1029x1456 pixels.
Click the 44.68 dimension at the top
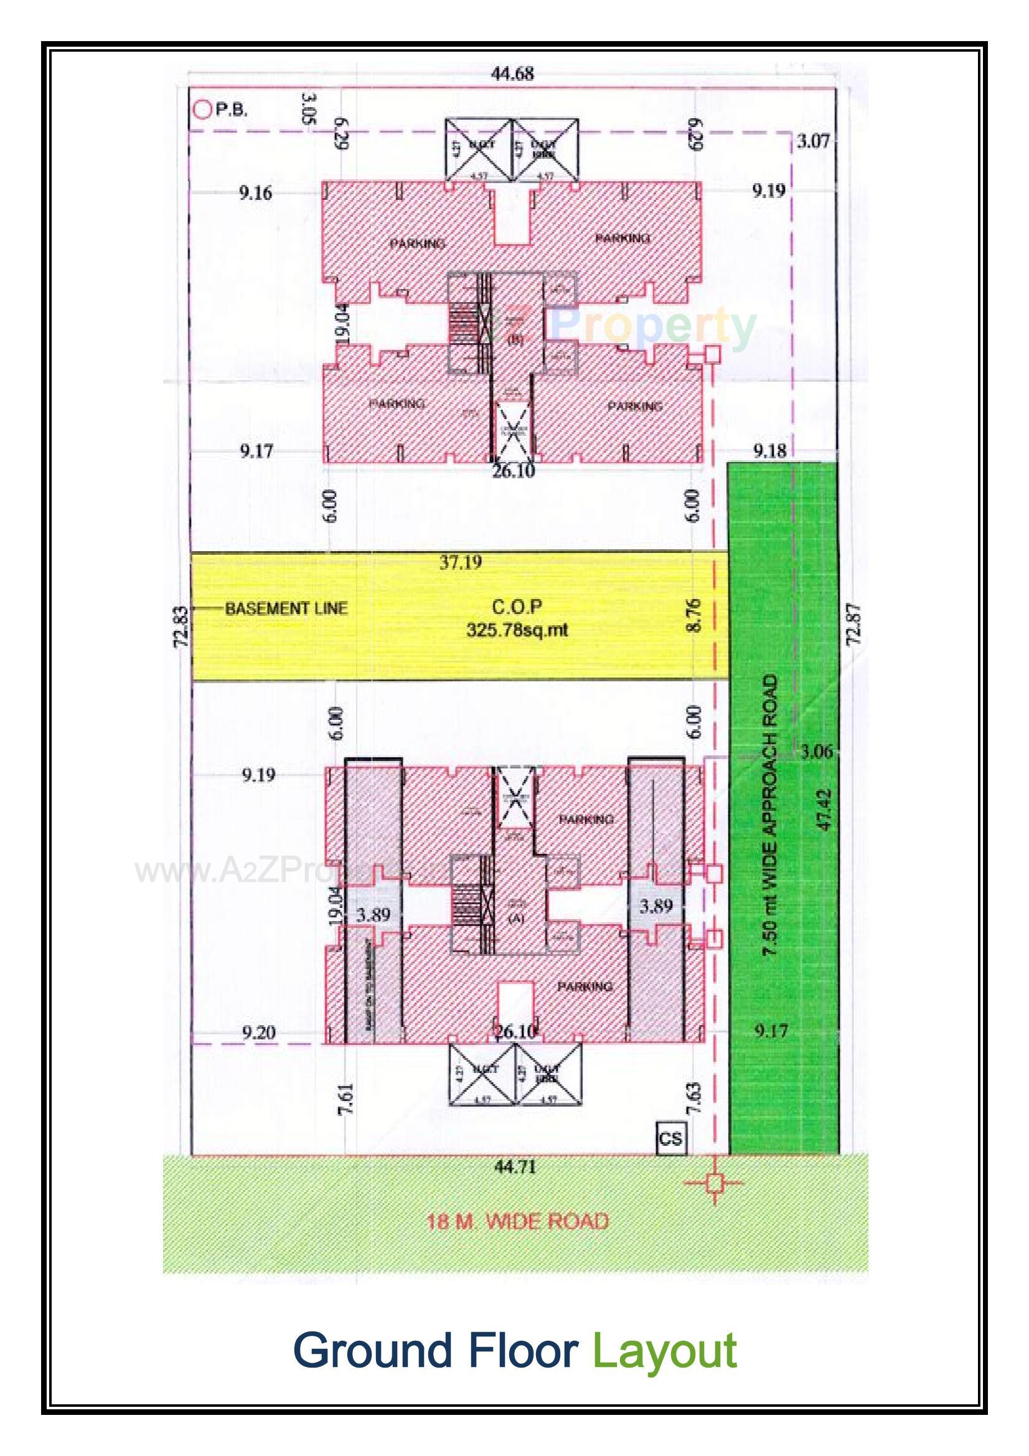[513, 73]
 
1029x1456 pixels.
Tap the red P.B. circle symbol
[202, 110]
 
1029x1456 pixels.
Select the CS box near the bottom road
[670, 1138]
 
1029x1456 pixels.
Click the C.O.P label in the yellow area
[517, 607]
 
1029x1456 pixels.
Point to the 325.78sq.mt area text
[517, 630]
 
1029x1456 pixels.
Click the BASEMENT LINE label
[286, 609]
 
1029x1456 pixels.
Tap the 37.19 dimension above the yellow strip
[460, 562]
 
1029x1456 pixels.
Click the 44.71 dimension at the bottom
[515, 1167]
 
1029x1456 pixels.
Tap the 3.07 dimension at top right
[813, 141]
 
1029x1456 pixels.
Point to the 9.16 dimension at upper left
[255, 193]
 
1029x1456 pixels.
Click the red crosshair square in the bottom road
[715, 1182]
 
